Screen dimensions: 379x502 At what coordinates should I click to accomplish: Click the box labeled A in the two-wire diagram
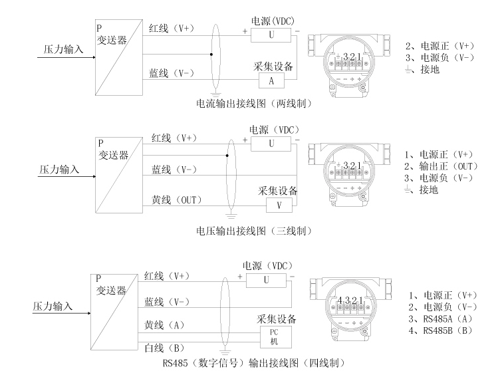pyautogui.click(x=271, y=80)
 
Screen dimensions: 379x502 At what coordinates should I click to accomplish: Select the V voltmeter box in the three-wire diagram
pyautogui.click(x=278, y=205)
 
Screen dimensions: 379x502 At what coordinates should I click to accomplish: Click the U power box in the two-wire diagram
pyautogui.click(x=271, y=33)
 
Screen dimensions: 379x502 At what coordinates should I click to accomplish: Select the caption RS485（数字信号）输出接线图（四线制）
pyautogui.click(x=262, y=364)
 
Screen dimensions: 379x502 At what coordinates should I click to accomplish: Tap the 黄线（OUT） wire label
pyautogui.click(x=177, y=199)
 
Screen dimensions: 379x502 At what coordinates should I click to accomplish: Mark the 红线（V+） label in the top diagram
pyautogui.click(x=172, y=28)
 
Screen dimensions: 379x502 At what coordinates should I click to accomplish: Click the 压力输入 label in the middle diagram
pyautogui.click(x=57, y=170)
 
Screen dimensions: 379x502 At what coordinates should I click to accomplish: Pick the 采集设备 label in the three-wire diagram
pyautogui.click(x=277, y=191)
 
